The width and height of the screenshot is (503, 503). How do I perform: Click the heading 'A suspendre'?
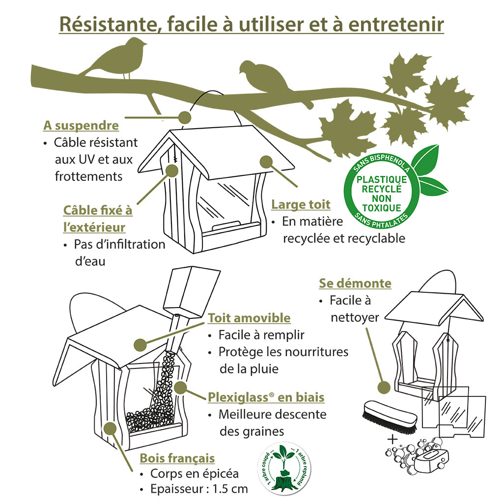click(x=81, y=125)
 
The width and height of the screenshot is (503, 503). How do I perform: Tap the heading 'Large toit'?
click(x=301, y=204)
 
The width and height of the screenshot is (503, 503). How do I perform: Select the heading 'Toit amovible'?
click(x=249, y=318)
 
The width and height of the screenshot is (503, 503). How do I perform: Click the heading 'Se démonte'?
click(x=355, y=283)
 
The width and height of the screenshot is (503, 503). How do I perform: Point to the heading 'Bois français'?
click(x=177, y=458)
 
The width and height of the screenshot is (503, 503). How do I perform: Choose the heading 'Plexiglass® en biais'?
click(x=266, y=397)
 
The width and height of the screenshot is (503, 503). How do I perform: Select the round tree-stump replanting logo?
click(x=284, y=468)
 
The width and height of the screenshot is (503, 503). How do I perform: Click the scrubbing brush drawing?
click(x=390, y=417)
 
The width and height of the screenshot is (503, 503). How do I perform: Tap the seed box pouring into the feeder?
click(x=192, y=291)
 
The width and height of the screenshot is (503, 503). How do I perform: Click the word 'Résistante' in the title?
click(x=108, y=25)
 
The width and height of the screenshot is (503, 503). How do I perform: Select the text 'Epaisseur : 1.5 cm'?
click(x=199, y=489)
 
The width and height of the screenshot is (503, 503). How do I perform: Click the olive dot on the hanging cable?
click(x=185, y=117)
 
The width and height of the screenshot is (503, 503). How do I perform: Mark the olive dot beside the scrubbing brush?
click(x=384, y=388)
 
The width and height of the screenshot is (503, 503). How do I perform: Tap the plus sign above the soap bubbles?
click(x=392, y=439)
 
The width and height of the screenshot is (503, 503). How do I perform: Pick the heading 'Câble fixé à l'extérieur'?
click(x=98, y=219)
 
